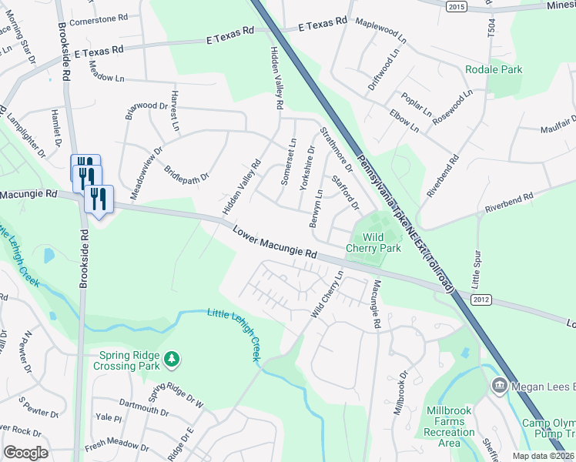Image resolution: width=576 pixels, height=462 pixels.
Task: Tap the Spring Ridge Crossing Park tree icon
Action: (x=173, y=359)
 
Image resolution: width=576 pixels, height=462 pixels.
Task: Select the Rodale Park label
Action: (x=494, y=69)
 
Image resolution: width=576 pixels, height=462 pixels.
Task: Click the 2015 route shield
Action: (x=457, y=6)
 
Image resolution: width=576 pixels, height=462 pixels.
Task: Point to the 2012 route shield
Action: (x=481, y=300)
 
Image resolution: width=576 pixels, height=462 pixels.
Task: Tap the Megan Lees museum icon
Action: (x=499, y=383)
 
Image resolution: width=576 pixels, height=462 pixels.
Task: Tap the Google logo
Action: (x=25, y=453)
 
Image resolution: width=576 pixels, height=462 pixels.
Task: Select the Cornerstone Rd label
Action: (x=99, y=18)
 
